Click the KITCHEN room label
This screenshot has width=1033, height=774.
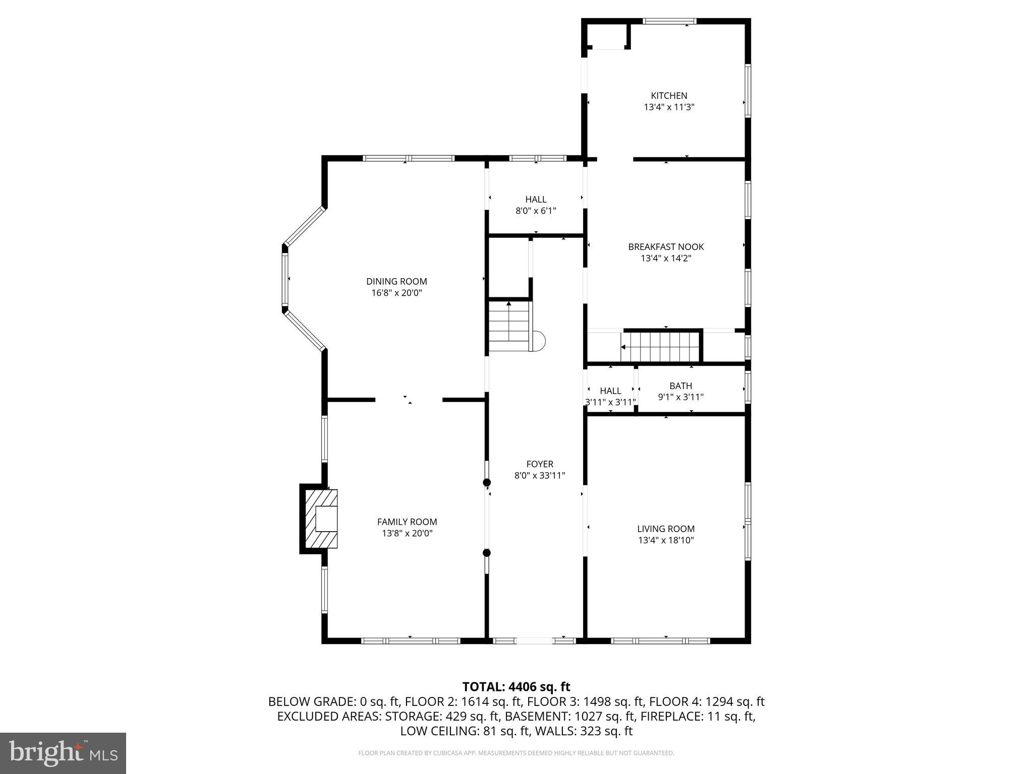pos(669,96)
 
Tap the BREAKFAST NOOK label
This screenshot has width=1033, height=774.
pos(666,247)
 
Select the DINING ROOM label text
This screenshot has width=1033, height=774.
pos(396,282)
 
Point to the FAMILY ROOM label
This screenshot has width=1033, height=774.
pos(407,522)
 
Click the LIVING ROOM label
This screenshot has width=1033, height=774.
pos(666,529)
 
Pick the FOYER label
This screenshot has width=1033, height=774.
pos(540,464)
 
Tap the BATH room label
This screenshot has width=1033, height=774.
pos(680,386)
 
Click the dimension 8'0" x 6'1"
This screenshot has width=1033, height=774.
pos(536,211)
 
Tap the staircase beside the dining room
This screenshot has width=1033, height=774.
pos(509,326)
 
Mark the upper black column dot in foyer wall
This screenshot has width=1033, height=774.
pos(487,483)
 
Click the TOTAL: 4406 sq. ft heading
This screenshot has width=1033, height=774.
pos(516,687)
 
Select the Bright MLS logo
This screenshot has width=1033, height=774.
pos(63,753)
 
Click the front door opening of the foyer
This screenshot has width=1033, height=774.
pos(534,641)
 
